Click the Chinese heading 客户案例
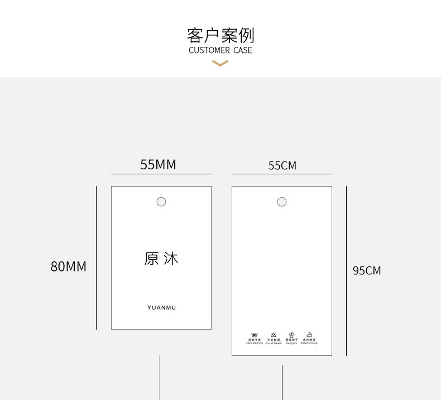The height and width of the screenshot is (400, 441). pos(220,35)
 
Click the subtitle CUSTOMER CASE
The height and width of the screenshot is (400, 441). pos(220,50)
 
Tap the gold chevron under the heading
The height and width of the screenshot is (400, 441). pos(220,64)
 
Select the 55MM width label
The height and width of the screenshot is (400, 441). pos(158,164)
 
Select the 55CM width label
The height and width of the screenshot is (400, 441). pos(282,165)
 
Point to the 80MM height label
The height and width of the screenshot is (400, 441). pos(69,266)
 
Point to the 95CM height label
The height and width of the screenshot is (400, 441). pos(367,270)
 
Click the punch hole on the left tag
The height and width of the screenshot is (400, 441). pos(161,202)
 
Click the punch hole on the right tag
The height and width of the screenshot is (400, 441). pos(282,202)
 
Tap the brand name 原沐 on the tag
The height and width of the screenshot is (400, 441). pos(161,259)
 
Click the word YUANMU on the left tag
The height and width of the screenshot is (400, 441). pos(161,308)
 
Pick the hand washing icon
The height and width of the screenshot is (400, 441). pos(255,335)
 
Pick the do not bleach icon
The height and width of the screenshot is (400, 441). pos(273,335)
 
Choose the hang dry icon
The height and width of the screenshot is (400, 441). pos(291,335)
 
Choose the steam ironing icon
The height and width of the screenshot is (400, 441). pos(309,335)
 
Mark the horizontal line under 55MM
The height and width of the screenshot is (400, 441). pos(161,174)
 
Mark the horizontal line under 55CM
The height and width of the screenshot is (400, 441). pos(282,174)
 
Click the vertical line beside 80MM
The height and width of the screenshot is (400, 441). pos(96,258)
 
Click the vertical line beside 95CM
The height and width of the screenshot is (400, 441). pos(346,270)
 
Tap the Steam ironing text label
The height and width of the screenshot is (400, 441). pos(309,343)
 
